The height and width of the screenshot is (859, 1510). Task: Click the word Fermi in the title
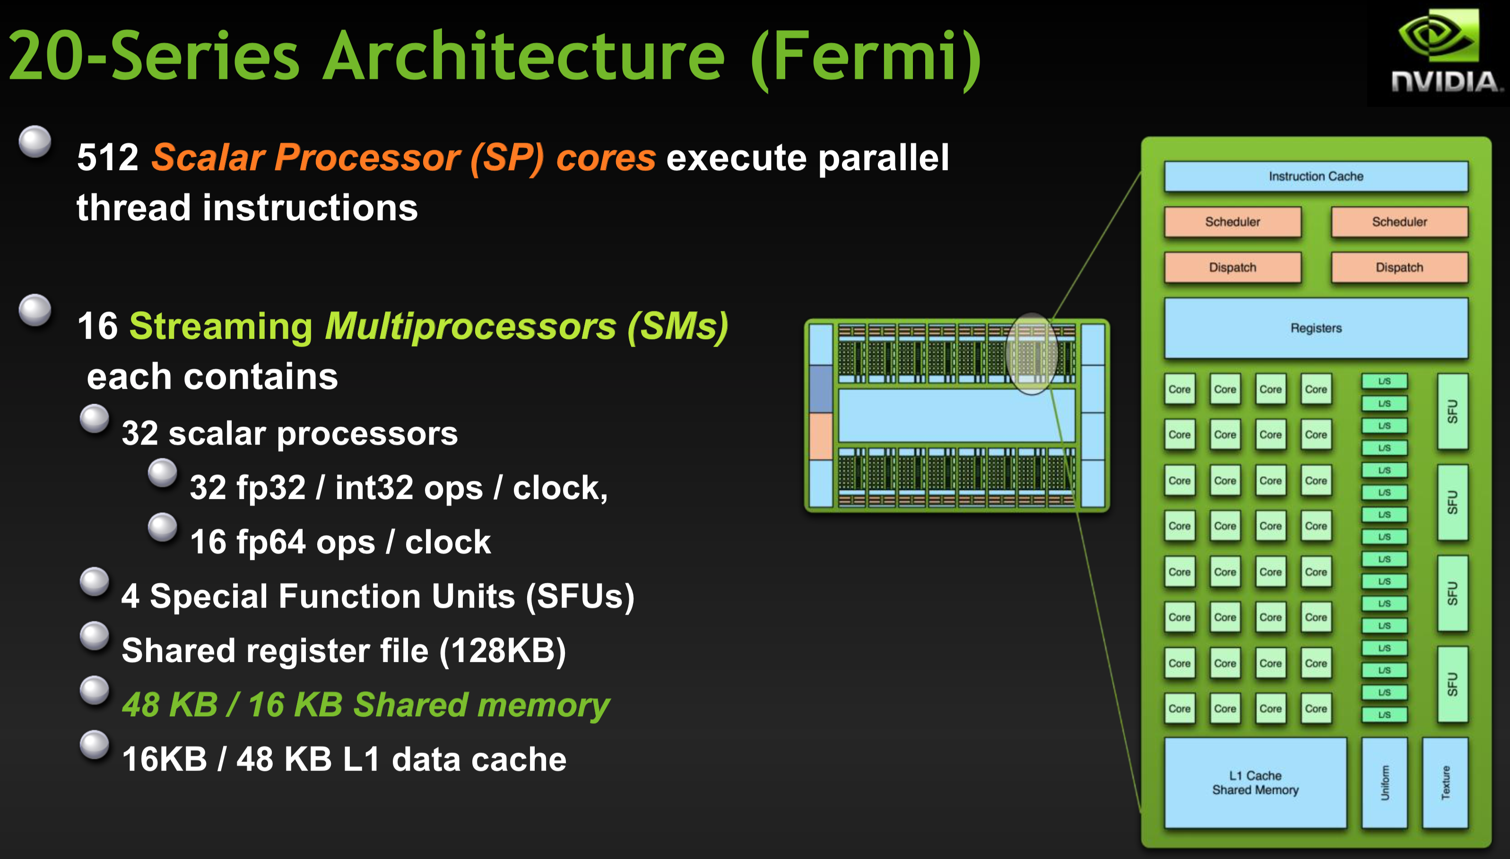click(865, 57)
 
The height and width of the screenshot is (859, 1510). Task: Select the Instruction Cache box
click(1315, 176)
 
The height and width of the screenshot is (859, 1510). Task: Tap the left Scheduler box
click(1232, 222)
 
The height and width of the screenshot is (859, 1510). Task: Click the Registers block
click(1315, 328)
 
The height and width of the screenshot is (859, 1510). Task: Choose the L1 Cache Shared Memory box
click(1255, 782)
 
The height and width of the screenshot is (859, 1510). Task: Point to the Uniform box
click(1384, 782)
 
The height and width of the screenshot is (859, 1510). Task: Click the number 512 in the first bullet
click(107, 158)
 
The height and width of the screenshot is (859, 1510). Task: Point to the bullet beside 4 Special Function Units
click(95, 582)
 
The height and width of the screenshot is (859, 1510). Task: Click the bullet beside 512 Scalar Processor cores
click(35, 142)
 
